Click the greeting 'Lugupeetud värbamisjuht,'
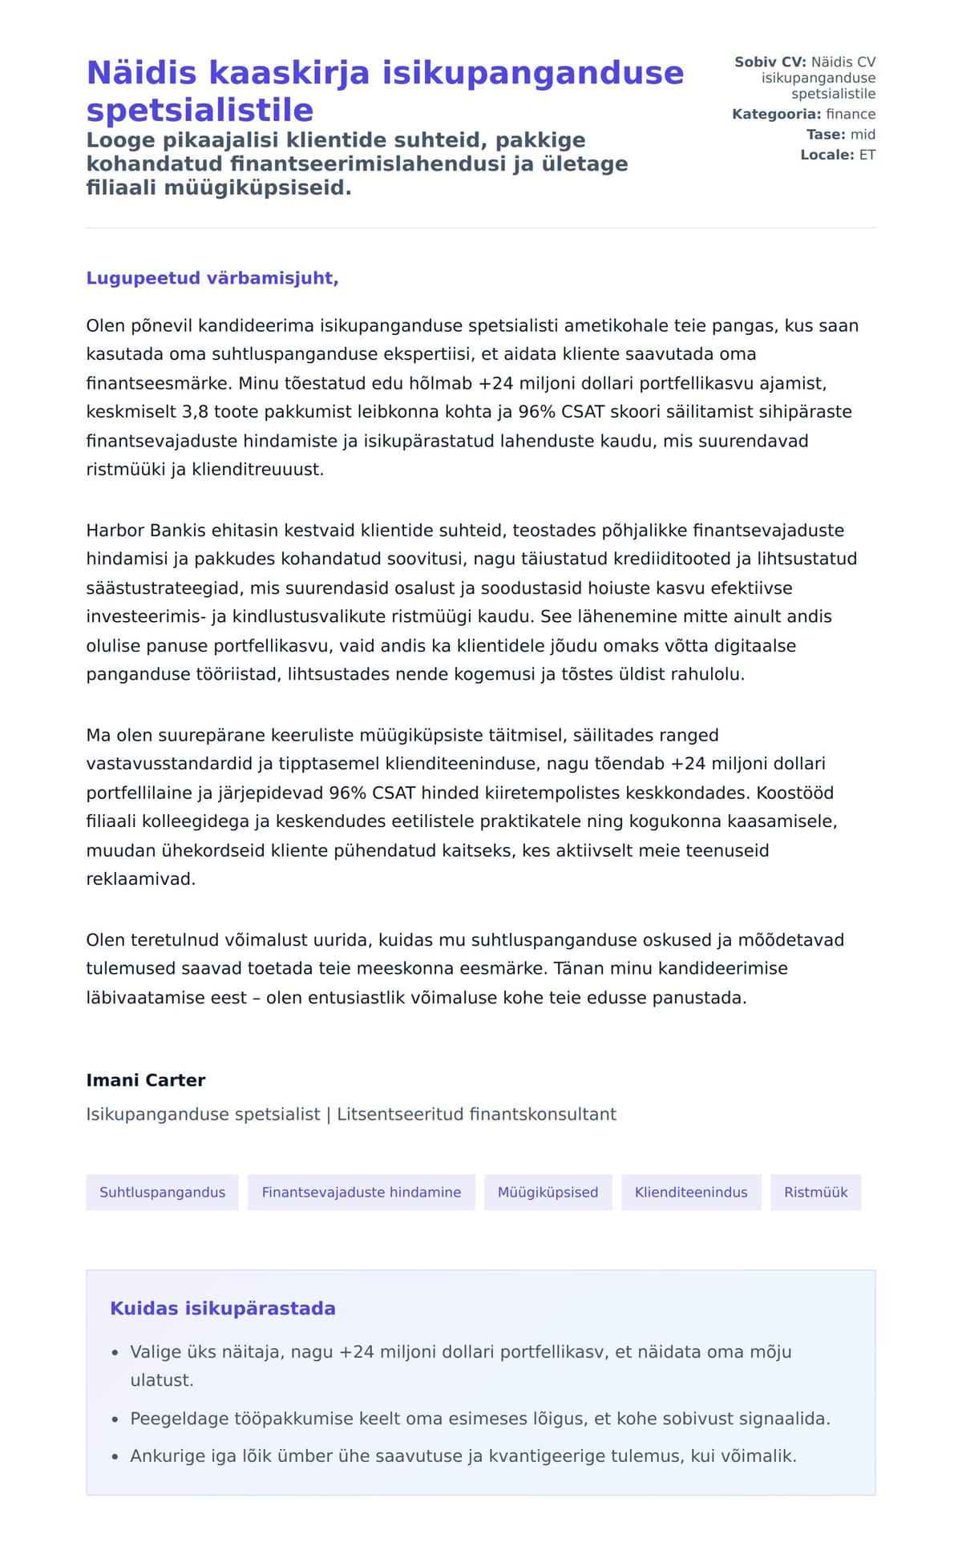click(x=212, y=278)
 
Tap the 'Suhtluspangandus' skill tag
click(x=162, y=1193)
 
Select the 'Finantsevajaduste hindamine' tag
click(x=361, y=1193)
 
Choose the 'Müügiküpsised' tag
click(x=548, y=1193)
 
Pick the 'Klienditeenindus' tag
click(x=690, y=1193)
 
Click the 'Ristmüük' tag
click(x=815, y=1193)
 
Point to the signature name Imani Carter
click(x=146, y=1080)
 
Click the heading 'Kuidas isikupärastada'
click(x=223, y=1309)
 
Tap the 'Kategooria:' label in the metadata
click(x=776, y=115)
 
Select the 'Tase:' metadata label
click(x=826, y=135)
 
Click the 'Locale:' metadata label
click(x=827, y=155)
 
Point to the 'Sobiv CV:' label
click(x=770, y=62)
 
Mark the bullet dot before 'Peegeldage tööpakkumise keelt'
click(x=115, y=1419)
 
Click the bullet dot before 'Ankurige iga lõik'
click(x=115, y=1456)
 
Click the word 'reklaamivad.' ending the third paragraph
click(x=141, y=879)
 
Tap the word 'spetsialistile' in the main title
click(x=200, y=110)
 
